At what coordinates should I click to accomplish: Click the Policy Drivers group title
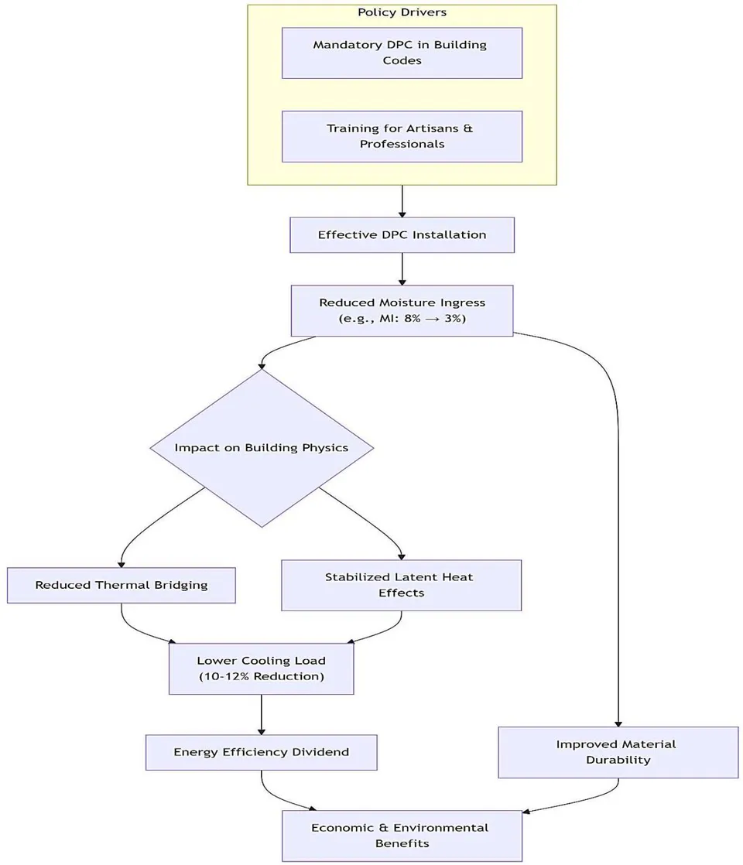pos(402,12)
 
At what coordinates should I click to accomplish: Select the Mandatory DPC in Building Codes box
pos(402,53)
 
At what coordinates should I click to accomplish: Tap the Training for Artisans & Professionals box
pos(402,136)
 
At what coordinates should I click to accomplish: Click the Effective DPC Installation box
pos(402,235)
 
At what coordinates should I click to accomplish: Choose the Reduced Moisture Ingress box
pos(402,310)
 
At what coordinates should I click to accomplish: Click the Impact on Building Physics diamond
pos(262,447)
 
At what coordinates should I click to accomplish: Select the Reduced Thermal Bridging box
pos(122,586)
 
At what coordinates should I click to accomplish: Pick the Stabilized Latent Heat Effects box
pos(402,586)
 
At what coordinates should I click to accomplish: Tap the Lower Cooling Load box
pos(261,668)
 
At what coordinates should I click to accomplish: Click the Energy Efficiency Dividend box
pos(261,753)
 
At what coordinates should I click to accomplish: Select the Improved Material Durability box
pos(618,753)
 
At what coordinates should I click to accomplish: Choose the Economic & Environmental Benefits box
pos(402,836)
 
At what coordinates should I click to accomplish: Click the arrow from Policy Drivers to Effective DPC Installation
pos(402,201)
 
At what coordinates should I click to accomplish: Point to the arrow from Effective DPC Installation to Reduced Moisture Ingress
pos(402,269)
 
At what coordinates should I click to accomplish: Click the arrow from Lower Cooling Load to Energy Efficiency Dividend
pos(261,714)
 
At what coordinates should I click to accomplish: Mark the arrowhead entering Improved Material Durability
pos(618,723)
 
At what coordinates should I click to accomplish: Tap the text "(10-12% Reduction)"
pos(261,676)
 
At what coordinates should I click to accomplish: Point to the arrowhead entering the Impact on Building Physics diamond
pos(262,365)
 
